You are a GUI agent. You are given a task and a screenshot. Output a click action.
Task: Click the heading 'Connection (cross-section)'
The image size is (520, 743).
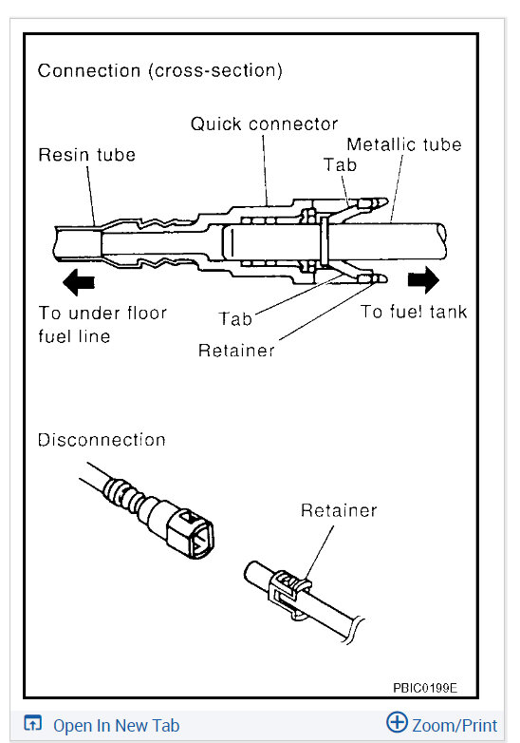click(159, 70)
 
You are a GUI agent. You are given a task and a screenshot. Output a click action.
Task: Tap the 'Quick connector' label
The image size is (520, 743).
click(264, 124)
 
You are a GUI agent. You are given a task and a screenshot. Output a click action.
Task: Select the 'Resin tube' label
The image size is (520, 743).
click(86, 154)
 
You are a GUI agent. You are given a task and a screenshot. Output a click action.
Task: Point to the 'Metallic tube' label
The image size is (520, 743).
click(403, 144)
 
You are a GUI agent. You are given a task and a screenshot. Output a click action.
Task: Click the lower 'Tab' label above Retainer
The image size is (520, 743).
click(235, 319)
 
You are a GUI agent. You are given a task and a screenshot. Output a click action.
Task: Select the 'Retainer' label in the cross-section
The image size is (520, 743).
click(236, 351)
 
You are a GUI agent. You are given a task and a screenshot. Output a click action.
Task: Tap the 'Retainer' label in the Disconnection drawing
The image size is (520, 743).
click(339, 511)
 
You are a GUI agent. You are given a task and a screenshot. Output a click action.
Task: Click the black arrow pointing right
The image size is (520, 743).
click(424, 279)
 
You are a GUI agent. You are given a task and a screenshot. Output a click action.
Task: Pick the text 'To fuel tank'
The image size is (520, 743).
click(414, 312)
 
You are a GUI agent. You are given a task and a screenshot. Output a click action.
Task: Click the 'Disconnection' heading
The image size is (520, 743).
click(102, 440)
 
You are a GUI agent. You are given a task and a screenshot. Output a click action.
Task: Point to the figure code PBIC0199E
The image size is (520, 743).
click(424, 687)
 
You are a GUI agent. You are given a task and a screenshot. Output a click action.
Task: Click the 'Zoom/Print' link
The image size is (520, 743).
click(455, 726)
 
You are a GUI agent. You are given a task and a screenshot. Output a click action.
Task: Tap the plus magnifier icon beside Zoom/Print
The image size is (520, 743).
click(398, 724)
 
